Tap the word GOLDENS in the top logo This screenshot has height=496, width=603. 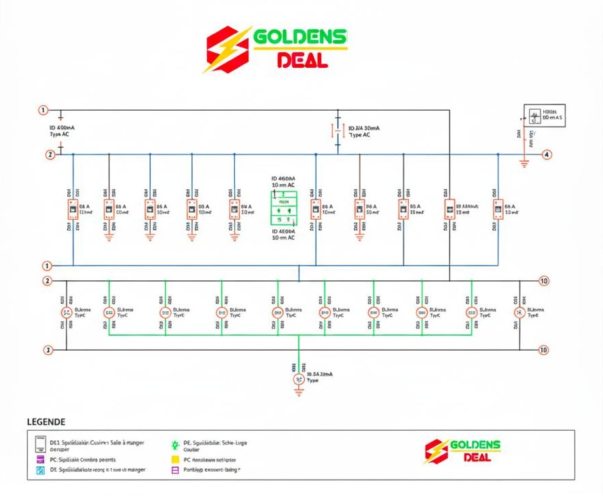(300, 37)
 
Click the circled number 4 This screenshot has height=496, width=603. (547, 155)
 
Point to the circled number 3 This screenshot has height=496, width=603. (48, 350)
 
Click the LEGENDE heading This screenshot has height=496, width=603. (46, 421)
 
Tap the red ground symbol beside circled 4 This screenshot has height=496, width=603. (524, 163)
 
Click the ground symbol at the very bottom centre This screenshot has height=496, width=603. (299, 392)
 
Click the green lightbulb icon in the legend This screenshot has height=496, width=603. (175, 445)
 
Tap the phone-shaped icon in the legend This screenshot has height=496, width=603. (41, 444)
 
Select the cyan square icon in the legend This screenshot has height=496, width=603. (41, 470)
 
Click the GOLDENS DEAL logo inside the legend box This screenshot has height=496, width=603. (462, 451)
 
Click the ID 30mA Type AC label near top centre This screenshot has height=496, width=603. (363, 131)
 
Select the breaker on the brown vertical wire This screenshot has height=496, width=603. (359, 210)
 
